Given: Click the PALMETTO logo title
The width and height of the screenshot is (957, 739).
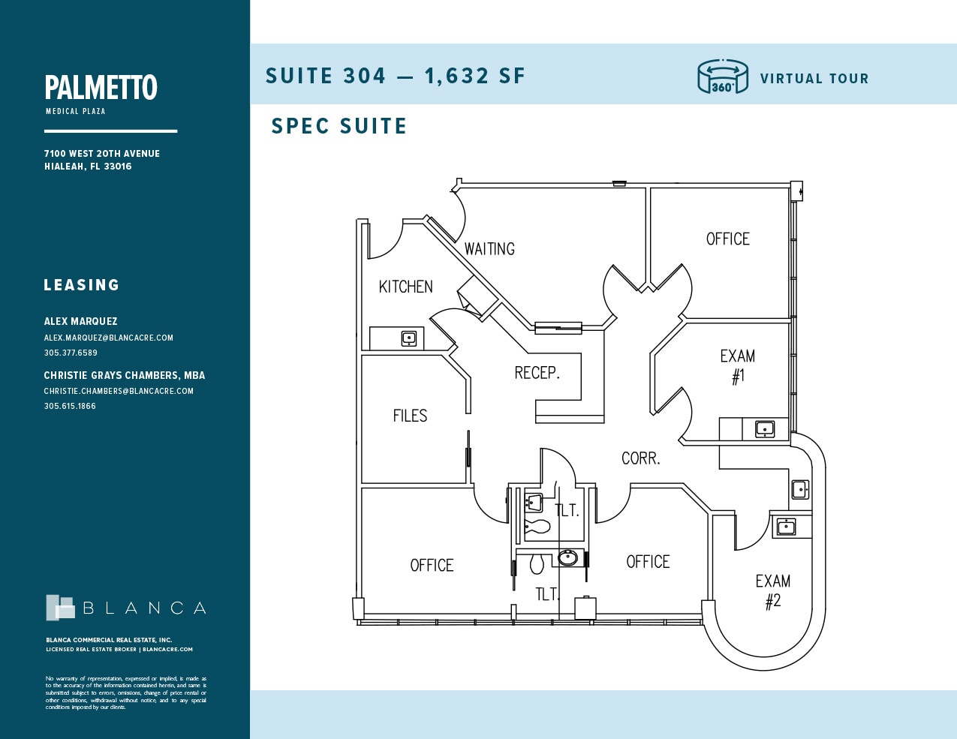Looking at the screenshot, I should [x=101, y=88].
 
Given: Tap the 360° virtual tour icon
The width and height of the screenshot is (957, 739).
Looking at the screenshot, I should [x=722, y=77].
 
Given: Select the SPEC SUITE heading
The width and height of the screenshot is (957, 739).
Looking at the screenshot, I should [x=339, y=126].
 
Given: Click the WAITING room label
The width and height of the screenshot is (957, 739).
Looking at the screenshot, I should [x=489, y=249].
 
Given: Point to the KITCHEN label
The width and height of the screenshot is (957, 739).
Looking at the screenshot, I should [x=405, y=287].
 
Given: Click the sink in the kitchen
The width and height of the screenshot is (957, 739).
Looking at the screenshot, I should [x=409, y=338].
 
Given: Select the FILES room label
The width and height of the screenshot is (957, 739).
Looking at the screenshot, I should [x=410, y=416].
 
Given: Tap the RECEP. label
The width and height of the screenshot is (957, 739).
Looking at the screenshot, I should [x=537, y=373].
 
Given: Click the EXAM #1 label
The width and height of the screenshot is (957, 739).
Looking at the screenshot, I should [x=738, y=366].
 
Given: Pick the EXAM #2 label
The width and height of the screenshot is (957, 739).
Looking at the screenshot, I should [x=772, y=590].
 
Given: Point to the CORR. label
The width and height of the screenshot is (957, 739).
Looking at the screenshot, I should [x=640, y=458].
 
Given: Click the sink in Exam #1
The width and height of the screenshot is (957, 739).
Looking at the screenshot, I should [x=764, y=429].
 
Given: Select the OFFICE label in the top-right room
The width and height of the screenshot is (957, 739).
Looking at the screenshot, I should [x=727, y=239].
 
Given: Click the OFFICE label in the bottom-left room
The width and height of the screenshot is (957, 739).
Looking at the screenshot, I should [x=432, y=566].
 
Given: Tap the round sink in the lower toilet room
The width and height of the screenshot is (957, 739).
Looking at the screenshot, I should [x=568, y=557].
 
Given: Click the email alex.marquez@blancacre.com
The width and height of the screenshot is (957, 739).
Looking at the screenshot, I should [x=108, y=338].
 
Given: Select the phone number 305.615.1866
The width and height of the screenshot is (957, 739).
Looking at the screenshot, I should [x=70, y=406].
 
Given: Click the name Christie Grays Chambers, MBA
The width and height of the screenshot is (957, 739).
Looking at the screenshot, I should [x=124, y=375].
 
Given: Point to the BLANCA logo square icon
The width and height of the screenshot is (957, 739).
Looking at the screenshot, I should [x=60, y=608].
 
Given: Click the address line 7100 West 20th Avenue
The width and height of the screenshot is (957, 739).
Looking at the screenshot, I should [x=101, y=154].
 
